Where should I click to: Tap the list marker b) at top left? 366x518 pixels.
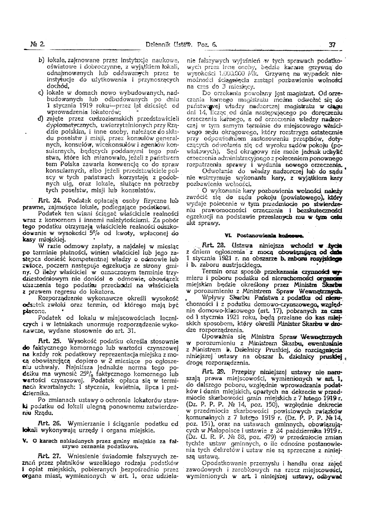41,60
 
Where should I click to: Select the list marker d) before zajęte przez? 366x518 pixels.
41,119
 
